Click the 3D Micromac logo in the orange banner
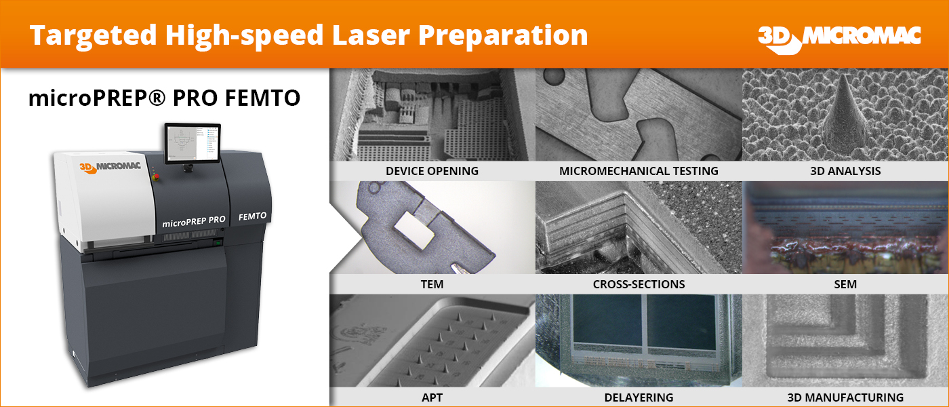pos(839,39)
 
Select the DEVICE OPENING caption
pos(432,171)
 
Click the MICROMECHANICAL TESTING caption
pos(639,171)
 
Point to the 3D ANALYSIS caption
pos(846,171)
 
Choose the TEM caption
pos(432,284)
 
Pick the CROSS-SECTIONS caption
pos(639,284)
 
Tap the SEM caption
pos(846,284)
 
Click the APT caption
pos(432,398)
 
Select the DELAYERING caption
pos(639,398)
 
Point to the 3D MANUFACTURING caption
pos(846,398)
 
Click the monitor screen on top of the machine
pos(193,143)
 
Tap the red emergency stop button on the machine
pos(155,175)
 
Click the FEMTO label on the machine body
pos(252,216)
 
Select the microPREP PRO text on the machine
pos(194,221)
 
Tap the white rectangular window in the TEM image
pos(415,230)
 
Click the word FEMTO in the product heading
pos(262,98)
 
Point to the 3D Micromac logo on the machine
pos(110,167)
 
